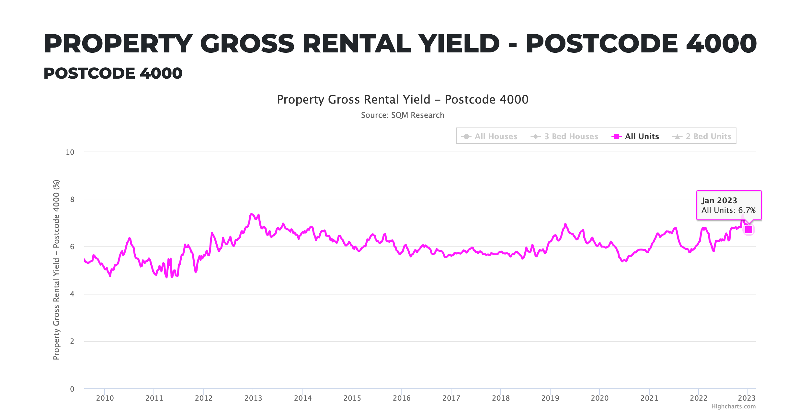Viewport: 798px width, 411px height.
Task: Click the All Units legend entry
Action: [641, 136]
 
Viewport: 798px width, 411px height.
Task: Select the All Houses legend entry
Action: [496, 136]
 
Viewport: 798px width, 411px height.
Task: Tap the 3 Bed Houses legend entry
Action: [571, 136]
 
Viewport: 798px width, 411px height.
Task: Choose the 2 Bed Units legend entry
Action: [708, 136]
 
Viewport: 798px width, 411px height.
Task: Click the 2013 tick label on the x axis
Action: [253, 398]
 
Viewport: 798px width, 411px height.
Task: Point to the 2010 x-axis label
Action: [105, 398]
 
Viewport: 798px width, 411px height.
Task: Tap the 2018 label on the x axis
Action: [501, 398]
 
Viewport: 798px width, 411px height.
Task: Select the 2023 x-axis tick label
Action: [747, 398]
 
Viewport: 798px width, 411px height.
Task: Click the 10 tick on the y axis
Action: [70, 152]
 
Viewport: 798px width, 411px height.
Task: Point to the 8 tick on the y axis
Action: [72, 199]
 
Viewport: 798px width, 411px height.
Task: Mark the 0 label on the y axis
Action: [72, 389]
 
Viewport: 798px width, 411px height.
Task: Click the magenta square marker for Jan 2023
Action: [749, 229]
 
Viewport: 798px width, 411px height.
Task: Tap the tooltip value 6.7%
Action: [747, 210]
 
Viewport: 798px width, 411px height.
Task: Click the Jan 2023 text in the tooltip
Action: [719, 201]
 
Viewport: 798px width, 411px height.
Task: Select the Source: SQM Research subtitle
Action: [403, 115]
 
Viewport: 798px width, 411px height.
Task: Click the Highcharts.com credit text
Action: [733, 406]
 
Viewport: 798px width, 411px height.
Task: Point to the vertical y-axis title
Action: [56, 269]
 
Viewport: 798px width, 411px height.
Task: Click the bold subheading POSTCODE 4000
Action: [113, 73]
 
